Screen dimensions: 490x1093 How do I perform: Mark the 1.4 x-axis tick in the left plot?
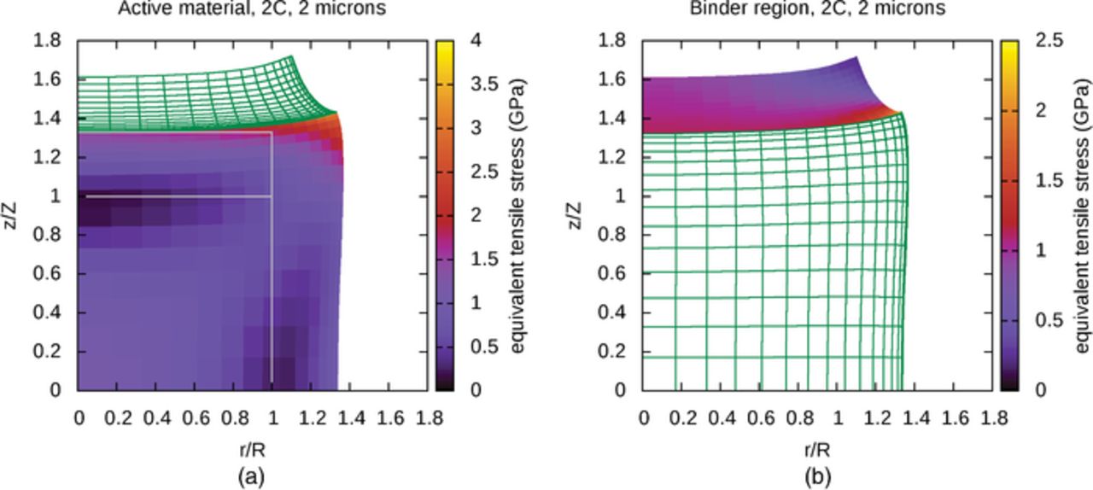(351, 417)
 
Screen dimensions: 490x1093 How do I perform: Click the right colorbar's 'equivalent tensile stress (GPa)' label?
(1083, 215)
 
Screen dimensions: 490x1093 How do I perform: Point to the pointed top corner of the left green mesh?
(291, 57)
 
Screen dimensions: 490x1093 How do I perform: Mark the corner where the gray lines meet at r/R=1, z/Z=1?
(272, 196)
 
